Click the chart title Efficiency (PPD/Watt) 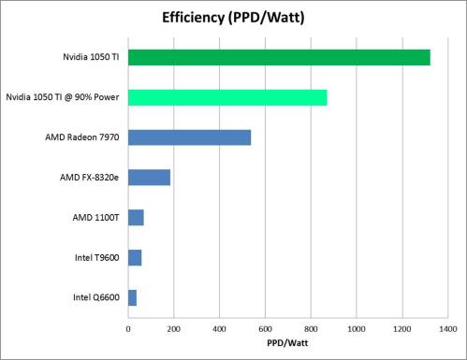(234, 17)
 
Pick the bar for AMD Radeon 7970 (189, 137)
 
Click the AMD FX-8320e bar (149, 178)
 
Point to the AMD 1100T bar (136, 218)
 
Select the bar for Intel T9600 (135, 257)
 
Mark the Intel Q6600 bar (132, 297)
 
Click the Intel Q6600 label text (96, 297)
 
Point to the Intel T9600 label (96, 257)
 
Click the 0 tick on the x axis (128, 329)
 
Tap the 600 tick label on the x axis (265, 329)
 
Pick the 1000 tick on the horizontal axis (356, 329)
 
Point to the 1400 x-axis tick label (447, 329)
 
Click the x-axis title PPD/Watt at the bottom (287, 343)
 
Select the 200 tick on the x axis (174, 329)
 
